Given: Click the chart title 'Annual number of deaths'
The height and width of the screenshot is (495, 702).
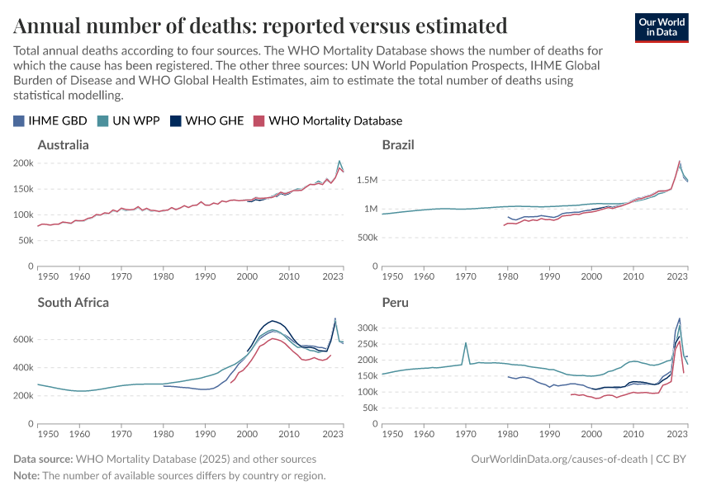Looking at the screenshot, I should [x=260, y=25].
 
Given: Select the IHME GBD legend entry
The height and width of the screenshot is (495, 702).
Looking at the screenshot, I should [x=51, y=120].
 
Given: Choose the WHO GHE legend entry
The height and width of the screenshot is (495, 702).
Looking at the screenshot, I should [x=207, y=120].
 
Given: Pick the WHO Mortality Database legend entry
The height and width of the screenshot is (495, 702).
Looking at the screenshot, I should [x=328, y=120].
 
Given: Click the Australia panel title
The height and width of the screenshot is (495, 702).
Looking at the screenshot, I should [x=64, y=145].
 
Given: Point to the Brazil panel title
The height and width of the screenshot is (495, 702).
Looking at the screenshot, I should [x=398, y=145].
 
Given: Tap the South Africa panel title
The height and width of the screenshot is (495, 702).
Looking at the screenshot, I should [x=74, y=303].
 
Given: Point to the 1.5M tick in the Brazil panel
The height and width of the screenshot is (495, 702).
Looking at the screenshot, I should [x=363, y=180].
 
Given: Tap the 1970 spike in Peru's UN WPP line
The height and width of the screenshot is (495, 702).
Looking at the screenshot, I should [x=466, y=343].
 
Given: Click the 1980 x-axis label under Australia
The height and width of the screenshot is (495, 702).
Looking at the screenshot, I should [x=164, y=278].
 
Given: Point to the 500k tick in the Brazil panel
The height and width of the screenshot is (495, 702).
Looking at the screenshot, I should [x=364, y=238].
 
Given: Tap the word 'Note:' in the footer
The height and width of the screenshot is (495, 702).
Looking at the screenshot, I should [x=26, y=476].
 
